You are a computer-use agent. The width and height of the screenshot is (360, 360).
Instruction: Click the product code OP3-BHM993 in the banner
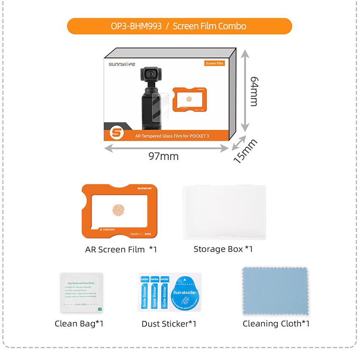pyautogui.click(x=136, y=26)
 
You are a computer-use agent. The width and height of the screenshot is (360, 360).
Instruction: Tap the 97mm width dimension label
pyautogui.click(x=163, y=156)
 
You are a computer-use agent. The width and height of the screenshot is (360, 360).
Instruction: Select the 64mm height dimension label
pyautogui.click(x=254, y=91)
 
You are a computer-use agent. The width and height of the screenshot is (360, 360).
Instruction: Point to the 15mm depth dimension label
pyautogui.click(x=245, y=151)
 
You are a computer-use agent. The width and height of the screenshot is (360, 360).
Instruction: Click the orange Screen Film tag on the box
pyautogui.click(x=214, y=64)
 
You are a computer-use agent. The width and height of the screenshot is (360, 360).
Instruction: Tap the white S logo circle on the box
pyautogui.click(x=116, y=133)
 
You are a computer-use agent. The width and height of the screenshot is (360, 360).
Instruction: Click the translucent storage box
pyautogui.click(x=224, y=213)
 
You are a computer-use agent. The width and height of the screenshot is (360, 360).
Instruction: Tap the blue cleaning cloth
pyautogui.click(x=274, y=291)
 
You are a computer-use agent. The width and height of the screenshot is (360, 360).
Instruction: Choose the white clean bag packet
pyautogui.click(x=81, y=291)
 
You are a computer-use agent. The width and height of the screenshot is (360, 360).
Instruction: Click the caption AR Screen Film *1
pyautogui.click(x=121, y=249)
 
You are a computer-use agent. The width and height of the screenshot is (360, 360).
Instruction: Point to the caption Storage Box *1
pyautogui.click(x=223, y=249)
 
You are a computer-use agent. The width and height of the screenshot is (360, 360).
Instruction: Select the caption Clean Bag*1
pyautogui.click(x=79, y=324)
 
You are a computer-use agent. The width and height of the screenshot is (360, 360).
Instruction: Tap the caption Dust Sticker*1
pyautogui.click(x=169, y=324)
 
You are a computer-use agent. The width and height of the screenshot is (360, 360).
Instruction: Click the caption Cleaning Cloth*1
pyautogui.click(x=276, y=324)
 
